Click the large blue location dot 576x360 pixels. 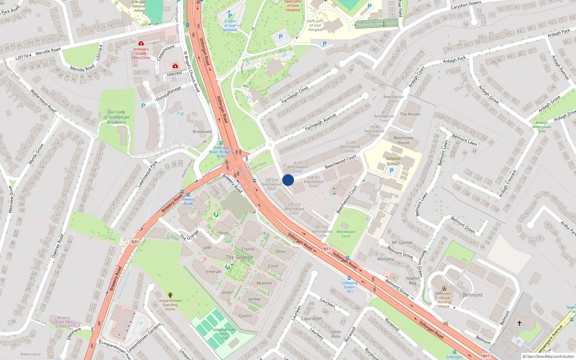point(288,180)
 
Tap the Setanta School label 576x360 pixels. point(393,161)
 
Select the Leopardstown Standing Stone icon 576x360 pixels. point(170,295)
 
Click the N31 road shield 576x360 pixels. point(135,242)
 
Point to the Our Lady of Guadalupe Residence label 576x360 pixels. point(116,117)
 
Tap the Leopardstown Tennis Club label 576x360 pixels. point(224,334)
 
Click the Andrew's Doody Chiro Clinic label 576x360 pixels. point(141,53)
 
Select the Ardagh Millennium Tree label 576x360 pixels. point(541,127)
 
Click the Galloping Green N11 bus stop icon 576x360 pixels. point(349,278)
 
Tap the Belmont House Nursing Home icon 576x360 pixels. point(444,288)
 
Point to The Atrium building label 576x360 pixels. point(410,114)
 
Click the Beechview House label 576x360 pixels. point(404,140)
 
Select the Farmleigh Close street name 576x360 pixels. point(295,94)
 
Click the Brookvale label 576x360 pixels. point(202,132)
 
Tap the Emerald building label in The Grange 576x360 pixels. point(213,272)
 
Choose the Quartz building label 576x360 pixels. point(245,316)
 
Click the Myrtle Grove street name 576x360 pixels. point(36,154)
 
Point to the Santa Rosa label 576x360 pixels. point(336,334)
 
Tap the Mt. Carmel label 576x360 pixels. point(402,243)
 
